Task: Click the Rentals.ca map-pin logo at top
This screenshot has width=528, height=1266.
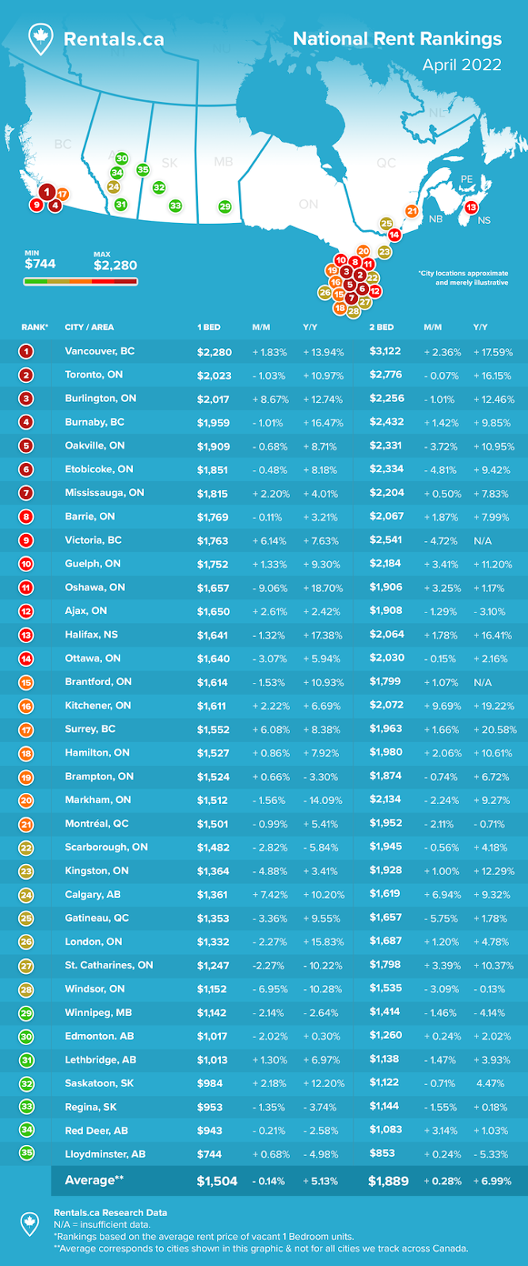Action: click(x=40, y=39)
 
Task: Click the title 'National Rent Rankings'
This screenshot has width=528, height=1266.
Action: click(x=397, y=39)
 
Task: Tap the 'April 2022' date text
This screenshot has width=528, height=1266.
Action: click(x=462, y=65)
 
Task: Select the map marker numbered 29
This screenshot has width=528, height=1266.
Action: click(x=225, y=207)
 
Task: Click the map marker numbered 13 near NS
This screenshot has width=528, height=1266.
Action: click(x=471, y=207)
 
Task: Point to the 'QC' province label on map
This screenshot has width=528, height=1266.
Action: click(x=386, y=163)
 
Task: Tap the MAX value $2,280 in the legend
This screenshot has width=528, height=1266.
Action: click(x=115, y=266)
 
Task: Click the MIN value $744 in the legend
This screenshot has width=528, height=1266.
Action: click(x=40, y=263)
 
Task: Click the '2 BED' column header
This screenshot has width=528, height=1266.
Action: click(x=381, y=327)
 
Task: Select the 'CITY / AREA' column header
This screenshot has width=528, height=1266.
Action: click(x=89, y=327)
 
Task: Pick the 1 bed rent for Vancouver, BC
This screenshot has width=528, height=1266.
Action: click(x=214, y=351)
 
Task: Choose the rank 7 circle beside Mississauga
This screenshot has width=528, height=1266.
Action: click(x=27, y=493)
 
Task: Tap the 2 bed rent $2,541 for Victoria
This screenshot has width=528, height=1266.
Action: click(x=386, y=540)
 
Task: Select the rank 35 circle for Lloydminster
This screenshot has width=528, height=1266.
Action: click(x=27, y=1153)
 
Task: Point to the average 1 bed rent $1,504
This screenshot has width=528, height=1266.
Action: click(x=217, y=1181)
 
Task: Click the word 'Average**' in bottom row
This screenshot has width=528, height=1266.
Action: click(x=94, y=1180)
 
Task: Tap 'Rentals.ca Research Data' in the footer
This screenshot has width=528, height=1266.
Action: click(x=110, y=1212)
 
